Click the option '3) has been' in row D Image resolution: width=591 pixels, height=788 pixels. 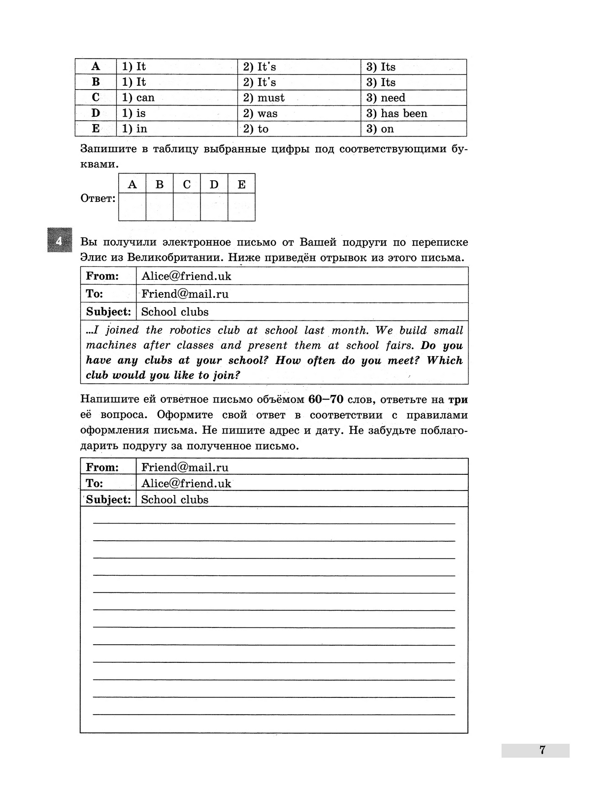(x=396, y=113)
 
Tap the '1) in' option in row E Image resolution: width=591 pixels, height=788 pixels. (x=134, y=129)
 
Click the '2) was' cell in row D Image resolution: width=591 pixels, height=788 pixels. (x=260, y=113)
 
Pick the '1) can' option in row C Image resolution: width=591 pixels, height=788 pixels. (x=138, y=98)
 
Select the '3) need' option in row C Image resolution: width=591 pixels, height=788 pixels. (x=386, y=98)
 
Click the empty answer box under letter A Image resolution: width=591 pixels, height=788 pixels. (x=132, y=207)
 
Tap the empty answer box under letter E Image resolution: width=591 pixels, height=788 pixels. (x=241, y=207)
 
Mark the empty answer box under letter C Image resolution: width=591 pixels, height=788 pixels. (x=187, y=207)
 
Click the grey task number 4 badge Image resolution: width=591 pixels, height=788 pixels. (x=60, y=240)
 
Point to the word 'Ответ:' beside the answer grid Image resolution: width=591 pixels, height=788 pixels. (x=98, y=198)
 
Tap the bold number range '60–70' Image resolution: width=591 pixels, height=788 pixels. (x=326, y=399)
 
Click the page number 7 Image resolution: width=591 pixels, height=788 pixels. (x=542, y=751)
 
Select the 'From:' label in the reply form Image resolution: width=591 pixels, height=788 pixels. (x=102, y=467)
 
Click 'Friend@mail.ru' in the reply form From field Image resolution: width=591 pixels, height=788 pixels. (x=185, y=467)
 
